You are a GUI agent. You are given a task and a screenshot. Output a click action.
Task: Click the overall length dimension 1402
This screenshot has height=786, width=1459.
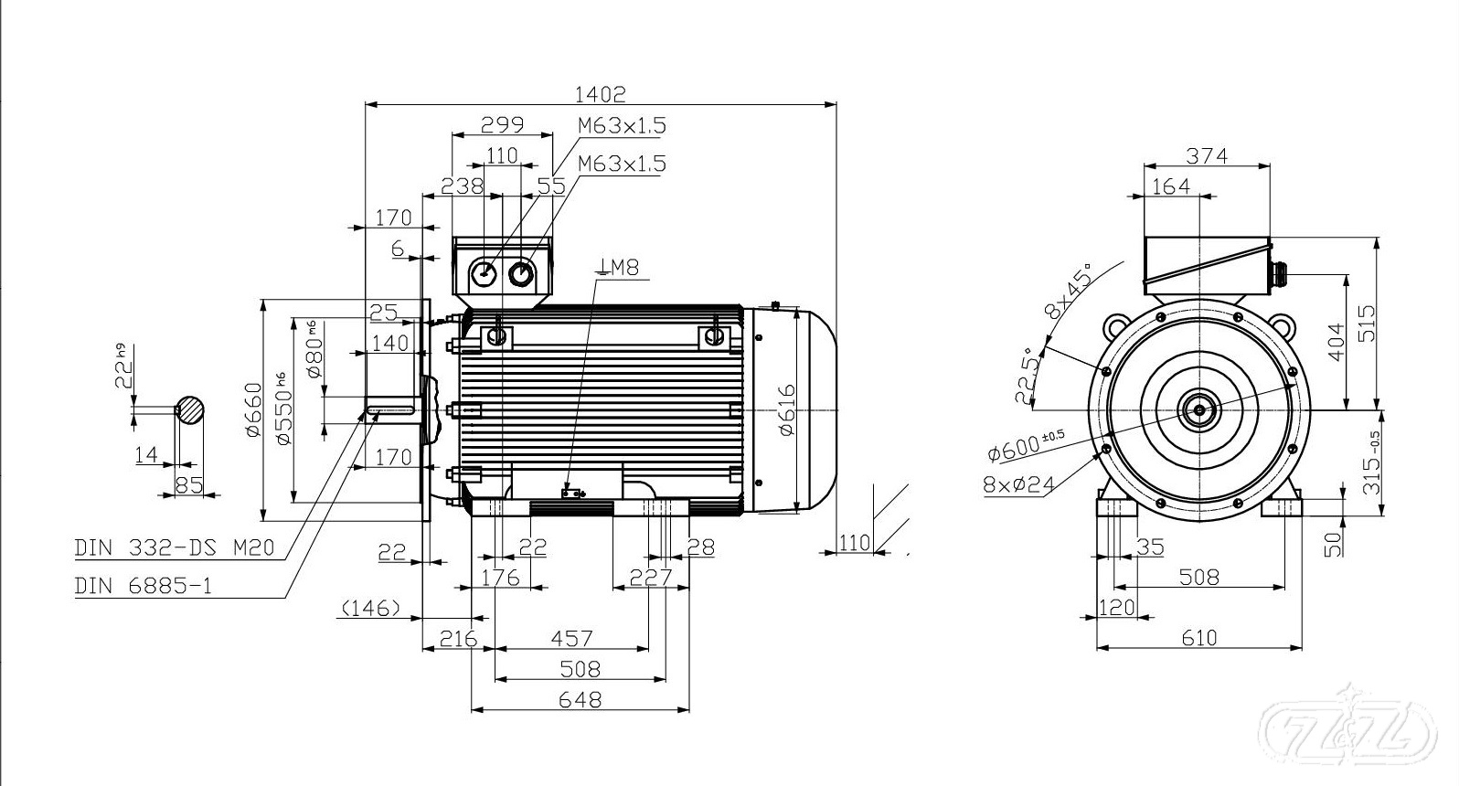point(600,93)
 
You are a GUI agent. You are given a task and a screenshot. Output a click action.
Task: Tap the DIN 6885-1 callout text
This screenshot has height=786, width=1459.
point(143,586)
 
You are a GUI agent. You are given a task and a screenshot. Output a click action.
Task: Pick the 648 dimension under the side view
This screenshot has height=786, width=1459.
point(580,699)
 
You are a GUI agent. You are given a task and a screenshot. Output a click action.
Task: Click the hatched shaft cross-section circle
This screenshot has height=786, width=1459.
point(190,409)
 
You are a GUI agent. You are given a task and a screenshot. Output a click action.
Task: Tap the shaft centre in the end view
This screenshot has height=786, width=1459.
point(1198,410)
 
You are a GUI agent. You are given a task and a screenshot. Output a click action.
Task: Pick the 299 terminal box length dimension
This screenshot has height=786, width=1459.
point(501,123)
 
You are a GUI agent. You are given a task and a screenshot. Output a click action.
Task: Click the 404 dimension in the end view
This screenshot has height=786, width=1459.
point(1336,342)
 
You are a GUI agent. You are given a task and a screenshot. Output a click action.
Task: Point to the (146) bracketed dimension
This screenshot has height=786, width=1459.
point(370,608)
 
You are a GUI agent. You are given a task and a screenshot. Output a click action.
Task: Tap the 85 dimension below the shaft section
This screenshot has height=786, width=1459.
point(189,484)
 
